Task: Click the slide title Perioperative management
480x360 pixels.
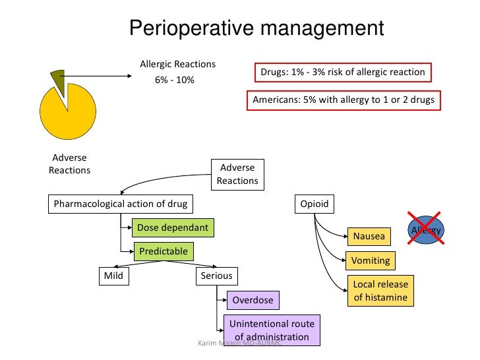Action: click(x=256, y=28)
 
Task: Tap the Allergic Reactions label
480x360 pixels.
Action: click(x=177, y=64)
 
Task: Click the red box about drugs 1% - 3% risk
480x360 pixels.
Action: click(x=342, y=73)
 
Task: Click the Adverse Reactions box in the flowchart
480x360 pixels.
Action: click(x=237, y=174)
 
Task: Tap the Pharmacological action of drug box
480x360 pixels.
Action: click(x=121, y=204)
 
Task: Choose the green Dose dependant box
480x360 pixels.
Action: click(x=173, y=227)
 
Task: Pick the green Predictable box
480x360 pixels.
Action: click(x=163, y=251)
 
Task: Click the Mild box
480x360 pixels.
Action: click(x=113, y=275)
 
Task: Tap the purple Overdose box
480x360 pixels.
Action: click(x=252, y=301)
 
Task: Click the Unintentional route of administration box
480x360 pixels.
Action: click(x=272, y=330)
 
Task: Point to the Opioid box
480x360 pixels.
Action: click(x=315, y=204)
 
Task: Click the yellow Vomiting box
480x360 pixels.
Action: click(x=371, y=260)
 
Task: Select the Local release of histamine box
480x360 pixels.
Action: click(x=380, y=291)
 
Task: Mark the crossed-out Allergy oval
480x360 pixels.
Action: click(x=425, y=229)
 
